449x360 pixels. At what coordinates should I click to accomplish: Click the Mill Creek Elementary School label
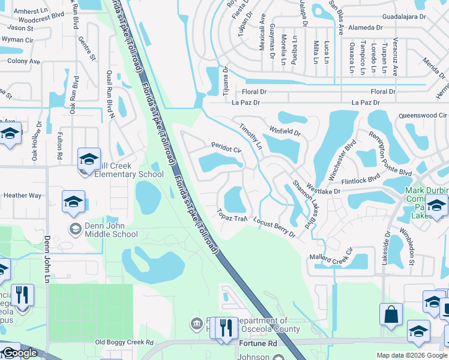pos(123,174)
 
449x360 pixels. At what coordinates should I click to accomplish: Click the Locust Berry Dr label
pos(274,227)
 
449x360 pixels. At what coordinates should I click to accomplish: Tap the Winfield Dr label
pos(284,128)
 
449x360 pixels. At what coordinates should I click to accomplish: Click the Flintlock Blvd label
pos(360,178)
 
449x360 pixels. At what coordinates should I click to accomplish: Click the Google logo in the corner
pos(20,353)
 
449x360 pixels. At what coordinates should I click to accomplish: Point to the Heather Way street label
pos(22,196)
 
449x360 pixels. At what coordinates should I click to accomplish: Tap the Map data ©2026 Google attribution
pos(412,355)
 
